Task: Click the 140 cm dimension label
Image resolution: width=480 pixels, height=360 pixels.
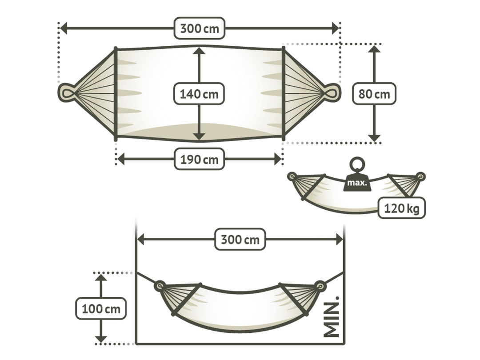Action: [199, 94]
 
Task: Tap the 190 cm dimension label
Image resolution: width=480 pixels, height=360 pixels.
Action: [199, 159]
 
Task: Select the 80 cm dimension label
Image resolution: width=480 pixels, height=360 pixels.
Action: [374, 94]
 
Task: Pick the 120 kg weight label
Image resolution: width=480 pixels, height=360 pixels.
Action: [402, 208]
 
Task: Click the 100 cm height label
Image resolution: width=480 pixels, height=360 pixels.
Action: [101, 308]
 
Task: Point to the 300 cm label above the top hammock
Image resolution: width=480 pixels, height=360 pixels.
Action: [200, 28]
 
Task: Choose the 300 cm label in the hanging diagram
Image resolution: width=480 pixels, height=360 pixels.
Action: [240, 239]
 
